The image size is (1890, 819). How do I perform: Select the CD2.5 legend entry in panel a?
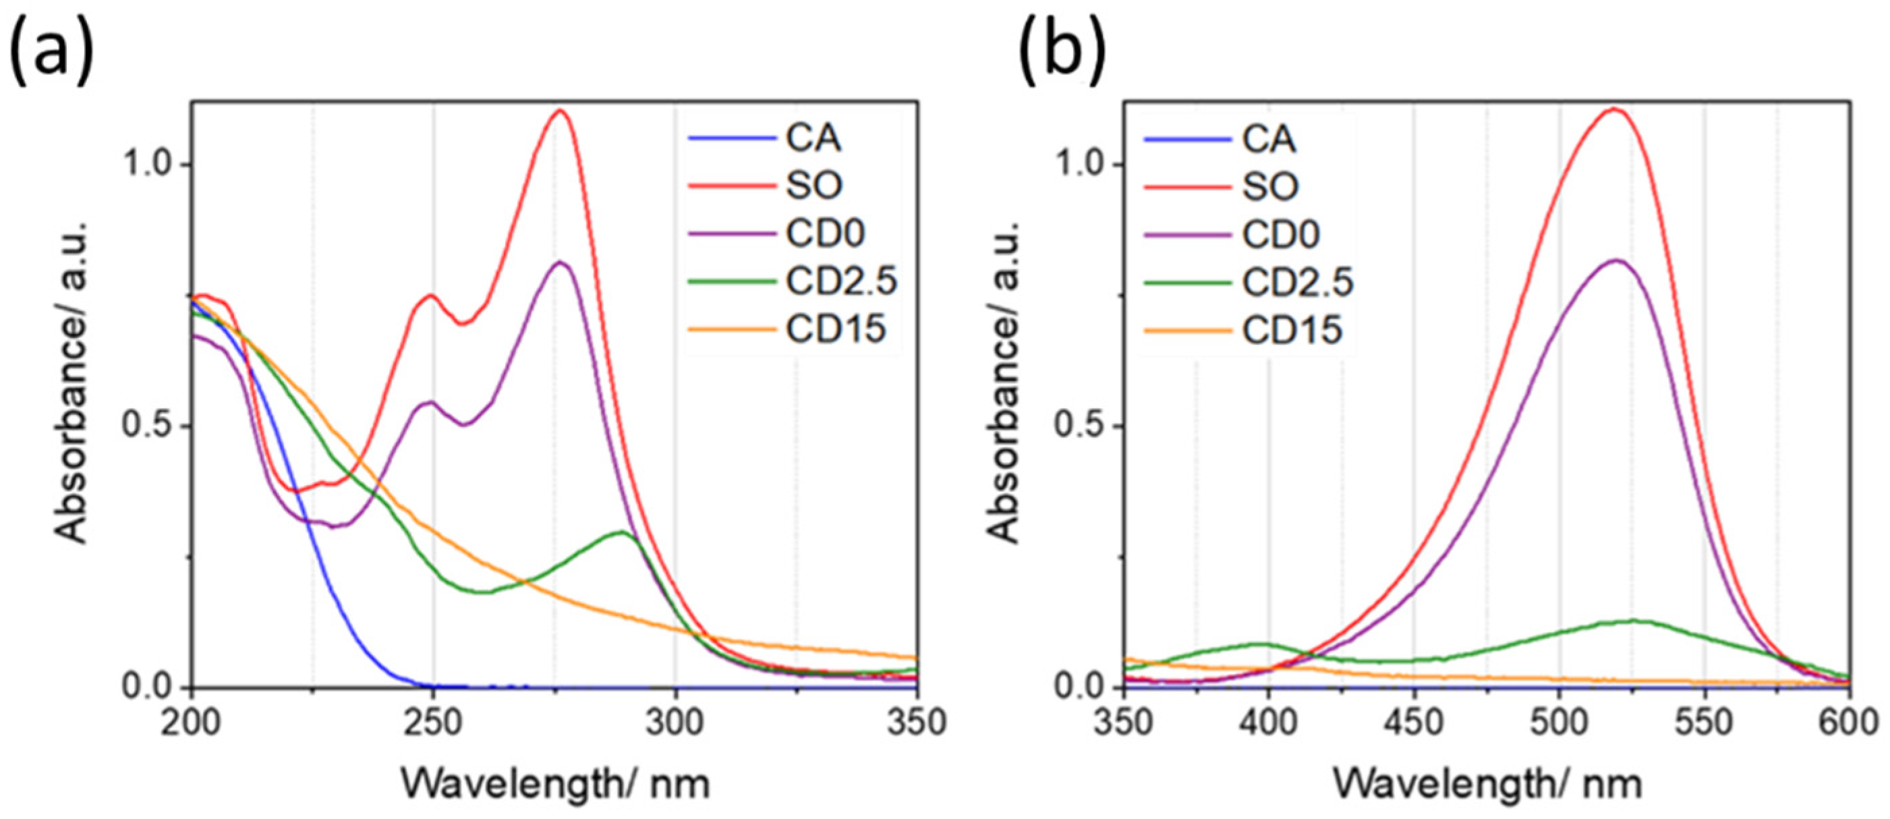[x=840, y=281]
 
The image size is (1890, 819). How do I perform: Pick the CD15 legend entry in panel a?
[x=835, y=329]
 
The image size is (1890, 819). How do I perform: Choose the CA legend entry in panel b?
[x=1268, y=140]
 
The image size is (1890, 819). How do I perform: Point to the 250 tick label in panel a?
[x=433, y=723]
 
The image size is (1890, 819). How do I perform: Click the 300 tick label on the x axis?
[x=675, y=723]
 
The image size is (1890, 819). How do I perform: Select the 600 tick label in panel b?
[x=1849, y=723]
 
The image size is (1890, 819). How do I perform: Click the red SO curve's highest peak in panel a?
[x=561, y=111]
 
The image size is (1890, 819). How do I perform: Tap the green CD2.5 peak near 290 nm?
[x=622, y=532]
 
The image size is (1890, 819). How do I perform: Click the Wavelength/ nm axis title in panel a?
[x=555, y=784]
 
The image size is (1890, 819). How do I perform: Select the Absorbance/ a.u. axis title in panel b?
[x=1004, y=382]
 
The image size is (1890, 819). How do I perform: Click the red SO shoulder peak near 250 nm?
[x=430, y=295]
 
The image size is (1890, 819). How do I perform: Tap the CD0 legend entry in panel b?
[x=1280, y=235]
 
